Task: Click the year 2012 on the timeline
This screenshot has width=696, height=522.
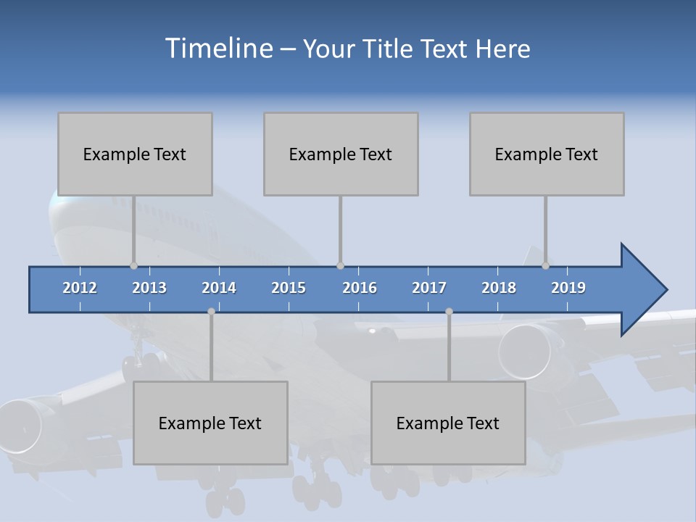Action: click(x=80, y=288)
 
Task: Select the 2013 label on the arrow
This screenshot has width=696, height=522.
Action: click(x=149, y=288)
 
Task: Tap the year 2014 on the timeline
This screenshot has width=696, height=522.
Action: click(x=219, y=288)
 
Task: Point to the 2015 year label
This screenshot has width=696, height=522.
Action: click(x=289, y=288)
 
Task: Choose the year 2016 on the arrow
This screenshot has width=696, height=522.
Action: click(x=360, y=288)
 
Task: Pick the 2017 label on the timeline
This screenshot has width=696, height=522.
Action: click(x=429, y=288)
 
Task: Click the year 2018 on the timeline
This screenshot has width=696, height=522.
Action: click(x=499, y=288)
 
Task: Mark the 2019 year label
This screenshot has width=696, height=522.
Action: click(x=568, y=288)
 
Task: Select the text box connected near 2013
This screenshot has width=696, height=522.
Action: click(x=135, y=154)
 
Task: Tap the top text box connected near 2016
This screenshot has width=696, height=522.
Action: click(x=341, y=154)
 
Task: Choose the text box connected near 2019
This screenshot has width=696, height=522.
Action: click(x=547, y=154)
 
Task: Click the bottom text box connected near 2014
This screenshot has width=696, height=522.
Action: click(x=210, y=423)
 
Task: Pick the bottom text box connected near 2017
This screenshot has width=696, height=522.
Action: click(x=448, y=423)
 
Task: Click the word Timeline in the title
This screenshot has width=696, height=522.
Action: click(x=218, y=49)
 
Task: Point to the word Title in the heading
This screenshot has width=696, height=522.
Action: click(x=390, y=49)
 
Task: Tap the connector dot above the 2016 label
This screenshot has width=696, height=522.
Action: click(x=340, y=265)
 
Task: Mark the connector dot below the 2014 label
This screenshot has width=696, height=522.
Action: click(x=211, y=311)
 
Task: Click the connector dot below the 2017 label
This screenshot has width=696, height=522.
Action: click(x=449, y=311)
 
